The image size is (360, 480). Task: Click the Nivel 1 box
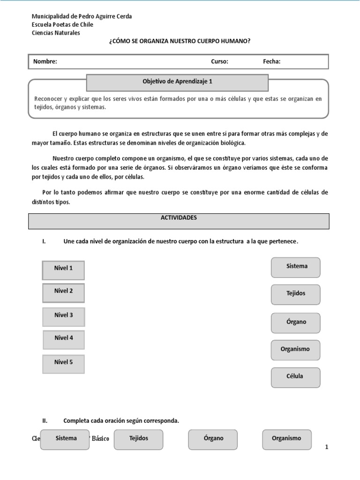pos(63,270)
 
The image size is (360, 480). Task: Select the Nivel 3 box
pos(63,316)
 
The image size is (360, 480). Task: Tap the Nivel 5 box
pos(63,364)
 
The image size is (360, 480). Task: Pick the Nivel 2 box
pos(63,293)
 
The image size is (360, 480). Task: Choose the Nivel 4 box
pos(64,339)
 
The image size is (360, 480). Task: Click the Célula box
pos(296,377)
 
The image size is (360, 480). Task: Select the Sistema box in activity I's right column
pos(296,267)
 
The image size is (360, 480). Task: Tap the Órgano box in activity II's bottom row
pos(213,439)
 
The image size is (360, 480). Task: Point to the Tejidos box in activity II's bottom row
pos(138,439)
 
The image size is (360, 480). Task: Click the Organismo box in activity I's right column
pos(296,350)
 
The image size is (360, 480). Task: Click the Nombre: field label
pos(45,61)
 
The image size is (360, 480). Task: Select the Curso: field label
pos(219,61)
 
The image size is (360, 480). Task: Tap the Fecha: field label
pos(271,61)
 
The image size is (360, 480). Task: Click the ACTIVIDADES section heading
pos(179,218)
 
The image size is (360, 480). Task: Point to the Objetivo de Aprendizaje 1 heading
pos(177,81)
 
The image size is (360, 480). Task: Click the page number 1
pos(327,448)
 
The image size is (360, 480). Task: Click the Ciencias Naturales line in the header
pos(55,33)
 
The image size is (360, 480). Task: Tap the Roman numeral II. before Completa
pos(45,420)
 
